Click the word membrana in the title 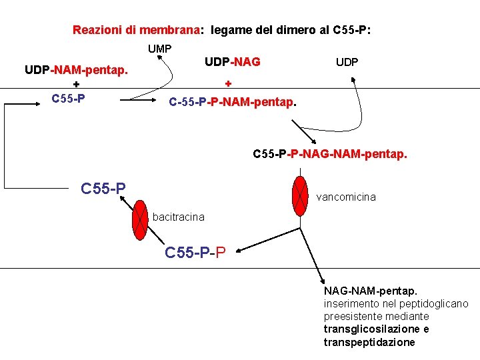click(169, 30)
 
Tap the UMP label click(160, 49)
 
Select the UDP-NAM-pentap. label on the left click(77, 69)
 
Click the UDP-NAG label click(232, 62)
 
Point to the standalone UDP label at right click(347, 62)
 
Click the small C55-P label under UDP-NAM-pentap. click(68, 99)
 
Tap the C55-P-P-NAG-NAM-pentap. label click(329, 154)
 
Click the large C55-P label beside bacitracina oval click(103, 189)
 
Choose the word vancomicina click(345, 197)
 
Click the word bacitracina click(178, 217)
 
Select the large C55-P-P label click(195, 253)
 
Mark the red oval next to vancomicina click(300, 196)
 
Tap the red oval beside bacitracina click(140, 219)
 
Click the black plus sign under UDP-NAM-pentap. click(76, 85)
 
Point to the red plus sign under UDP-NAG click(228, 84)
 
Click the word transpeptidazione click(369, 342)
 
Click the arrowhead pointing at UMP click(160, 58)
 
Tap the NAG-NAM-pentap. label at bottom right click(371, 291)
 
